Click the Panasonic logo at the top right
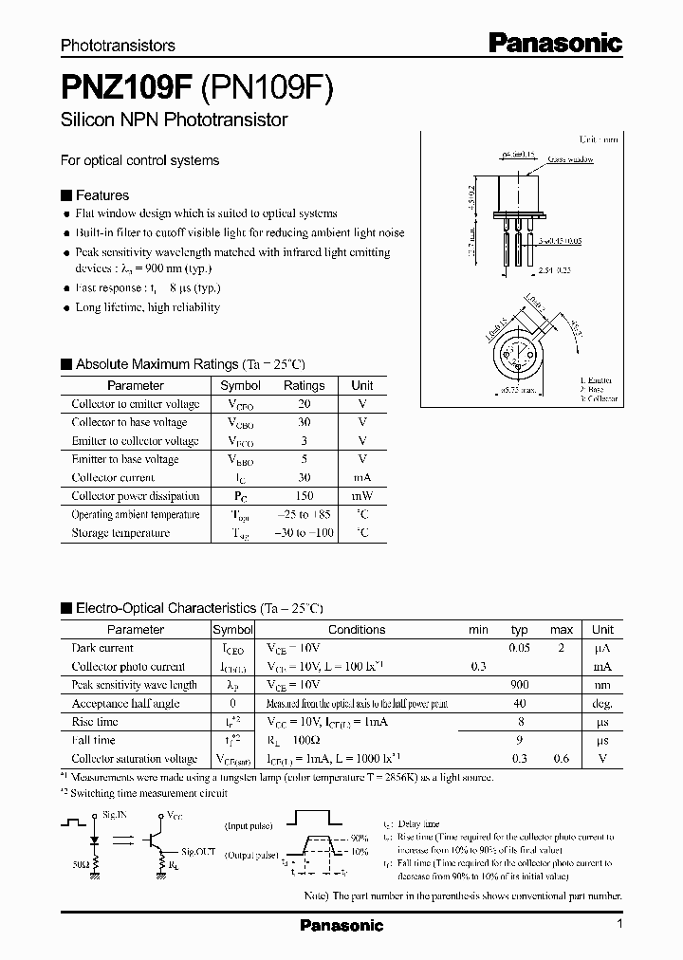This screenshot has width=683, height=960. (555, 42)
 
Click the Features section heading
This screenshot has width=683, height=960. (102, 194)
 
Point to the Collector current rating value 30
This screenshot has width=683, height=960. (304, 477)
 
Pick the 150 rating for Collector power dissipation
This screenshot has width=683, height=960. (304, 496)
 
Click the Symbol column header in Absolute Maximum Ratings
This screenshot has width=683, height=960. (240, 386)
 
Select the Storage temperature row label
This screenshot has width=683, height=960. (120, 533)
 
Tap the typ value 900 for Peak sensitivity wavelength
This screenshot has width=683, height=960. (519, 685)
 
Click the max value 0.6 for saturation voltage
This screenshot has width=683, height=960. (562, 759)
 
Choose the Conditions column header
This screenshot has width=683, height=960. (357, 630)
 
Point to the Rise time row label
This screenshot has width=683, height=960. (96, 722)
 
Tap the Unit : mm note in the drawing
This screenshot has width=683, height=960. (599, 138)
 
